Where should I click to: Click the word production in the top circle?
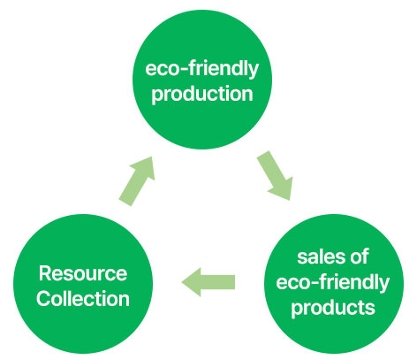click(202, 95)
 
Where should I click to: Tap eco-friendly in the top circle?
click(201, 70)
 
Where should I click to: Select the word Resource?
click(83, 273)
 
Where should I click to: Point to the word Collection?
click(83, 299)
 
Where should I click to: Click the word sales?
click(319, 257)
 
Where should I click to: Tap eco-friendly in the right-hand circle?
click(333, 282)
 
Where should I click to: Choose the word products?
click(333, 309)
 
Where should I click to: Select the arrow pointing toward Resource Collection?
click(208, 282)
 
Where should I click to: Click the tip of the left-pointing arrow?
click(182, 282)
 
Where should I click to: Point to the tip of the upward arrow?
click(152, 157)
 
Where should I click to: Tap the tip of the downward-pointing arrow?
click(290, 200)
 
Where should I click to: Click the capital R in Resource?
click(45, 273)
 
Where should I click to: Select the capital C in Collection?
click(44, 299)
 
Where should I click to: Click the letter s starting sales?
click(302, 258)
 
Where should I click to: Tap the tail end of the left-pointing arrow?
click(235, 282)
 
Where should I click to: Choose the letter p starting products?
click(296, 310)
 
